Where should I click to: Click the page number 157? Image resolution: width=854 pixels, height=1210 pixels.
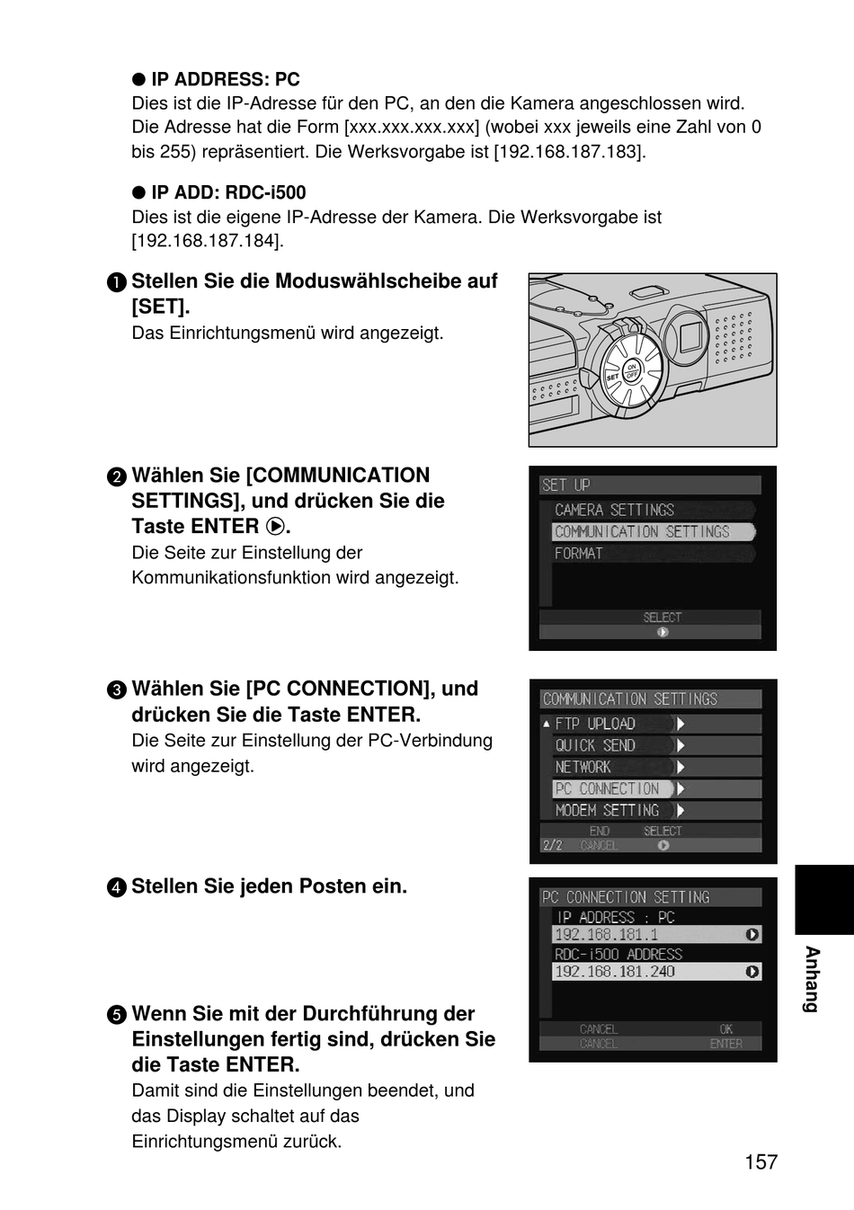(761, 1161)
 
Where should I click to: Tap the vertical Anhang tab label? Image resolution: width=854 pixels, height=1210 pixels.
(812, 979)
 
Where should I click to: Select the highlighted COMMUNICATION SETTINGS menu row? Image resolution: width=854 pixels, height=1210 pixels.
(653, 532)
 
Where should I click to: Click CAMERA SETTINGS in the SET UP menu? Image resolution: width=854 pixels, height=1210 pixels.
(614, 510)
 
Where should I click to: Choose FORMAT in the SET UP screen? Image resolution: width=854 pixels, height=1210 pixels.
(578, 554)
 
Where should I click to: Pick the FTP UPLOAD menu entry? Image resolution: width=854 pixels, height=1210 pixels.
(595, 724)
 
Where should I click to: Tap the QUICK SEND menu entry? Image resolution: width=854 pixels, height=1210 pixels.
(595, 745)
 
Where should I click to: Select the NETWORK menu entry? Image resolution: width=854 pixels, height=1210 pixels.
(583, 767)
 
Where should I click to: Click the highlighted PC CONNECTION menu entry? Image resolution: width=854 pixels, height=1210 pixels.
(612, 788)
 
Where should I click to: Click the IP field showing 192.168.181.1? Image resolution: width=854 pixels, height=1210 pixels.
(656, 934)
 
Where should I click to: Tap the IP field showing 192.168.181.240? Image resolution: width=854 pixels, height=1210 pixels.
(656, 971)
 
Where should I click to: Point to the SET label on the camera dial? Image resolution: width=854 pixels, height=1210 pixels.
(612, 377)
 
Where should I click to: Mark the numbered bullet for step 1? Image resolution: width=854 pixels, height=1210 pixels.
(117, 282)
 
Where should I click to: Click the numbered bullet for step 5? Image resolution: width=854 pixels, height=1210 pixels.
(117, 1015)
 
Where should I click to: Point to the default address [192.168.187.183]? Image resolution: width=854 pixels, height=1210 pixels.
(570, 152)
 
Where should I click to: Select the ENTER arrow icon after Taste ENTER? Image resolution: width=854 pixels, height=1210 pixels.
(275, 526)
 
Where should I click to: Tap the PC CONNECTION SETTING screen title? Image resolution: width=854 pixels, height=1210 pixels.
(626, 897)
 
